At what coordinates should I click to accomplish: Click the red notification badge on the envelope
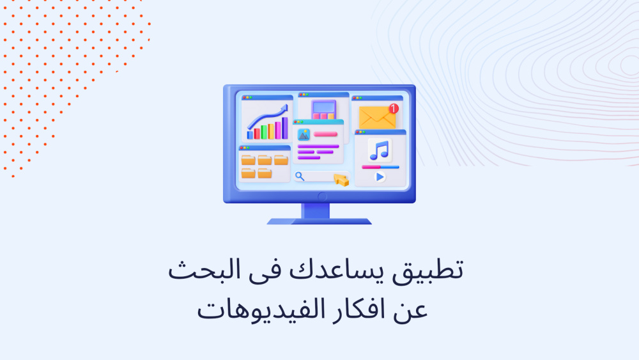point(393,109)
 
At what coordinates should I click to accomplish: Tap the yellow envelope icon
point(378,118)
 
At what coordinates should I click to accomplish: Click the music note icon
point(380,150)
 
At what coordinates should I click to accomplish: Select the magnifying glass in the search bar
point(300,176)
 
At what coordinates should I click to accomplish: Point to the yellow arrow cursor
point(341,180)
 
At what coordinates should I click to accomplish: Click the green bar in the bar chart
point(264,132)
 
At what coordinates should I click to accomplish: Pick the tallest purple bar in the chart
point(285,128)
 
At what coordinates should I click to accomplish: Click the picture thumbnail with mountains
point(304,134)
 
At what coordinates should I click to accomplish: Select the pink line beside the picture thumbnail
point(325,134)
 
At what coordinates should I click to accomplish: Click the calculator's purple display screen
point(324,107)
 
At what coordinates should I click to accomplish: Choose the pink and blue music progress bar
point(380,167)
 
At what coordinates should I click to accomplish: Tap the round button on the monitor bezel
point(322,197)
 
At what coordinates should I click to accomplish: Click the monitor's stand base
point(319,221)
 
